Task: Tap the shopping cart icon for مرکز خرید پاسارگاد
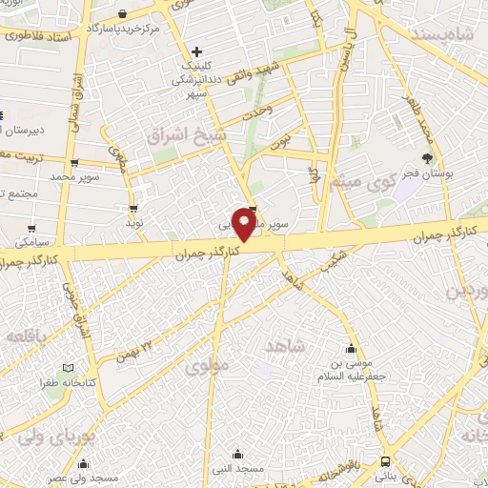pos(126,13)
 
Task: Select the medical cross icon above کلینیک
pos(196,51)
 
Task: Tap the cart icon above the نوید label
pos(132,207)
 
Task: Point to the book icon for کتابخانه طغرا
pos(67,368)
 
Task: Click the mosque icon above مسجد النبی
pos(236,454)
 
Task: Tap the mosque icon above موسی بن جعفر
pos(353,348)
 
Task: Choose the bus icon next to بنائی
pos(383,460)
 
